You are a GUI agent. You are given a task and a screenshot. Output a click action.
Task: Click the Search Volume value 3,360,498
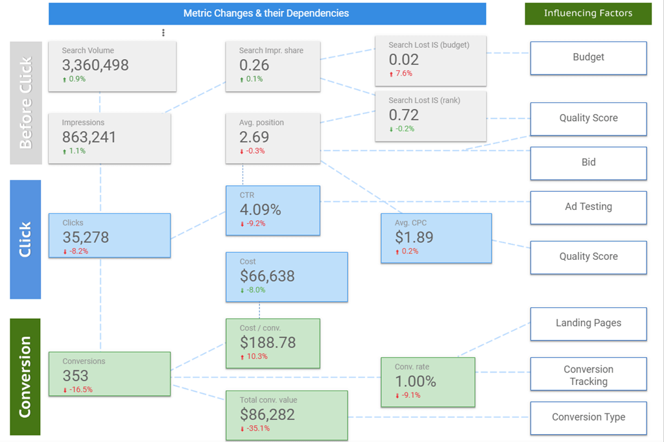(95, 65)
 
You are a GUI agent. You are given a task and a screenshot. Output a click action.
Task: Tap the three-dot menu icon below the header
(163, 32)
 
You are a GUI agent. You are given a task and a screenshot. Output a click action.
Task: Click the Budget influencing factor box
(588, 58)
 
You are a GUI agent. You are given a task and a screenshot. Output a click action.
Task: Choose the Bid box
(588, 163)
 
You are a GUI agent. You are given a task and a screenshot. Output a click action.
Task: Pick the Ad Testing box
(588, 207)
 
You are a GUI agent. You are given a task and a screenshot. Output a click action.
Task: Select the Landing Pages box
(588, 323)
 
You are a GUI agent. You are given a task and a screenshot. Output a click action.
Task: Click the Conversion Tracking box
(588, 375)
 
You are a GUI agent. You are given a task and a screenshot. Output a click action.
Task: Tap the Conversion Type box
(588, 417)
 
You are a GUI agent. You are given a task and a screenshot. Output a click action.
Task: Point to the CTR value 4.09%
(260, 210)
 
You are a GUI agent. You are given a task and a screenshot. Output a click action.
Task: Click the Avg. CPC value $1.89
(414, 237)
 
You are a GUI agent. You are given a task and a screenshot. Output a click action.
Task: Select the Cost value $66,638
(267, 276)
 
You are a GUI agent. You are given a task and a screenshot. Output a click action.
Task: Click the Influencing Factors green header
(588, 13)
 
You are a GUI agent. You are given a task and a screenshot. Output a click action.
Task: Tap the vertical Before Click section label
(25, 102)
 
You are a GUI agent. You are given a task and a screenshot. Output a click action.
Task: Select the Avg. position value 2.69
(254, 137)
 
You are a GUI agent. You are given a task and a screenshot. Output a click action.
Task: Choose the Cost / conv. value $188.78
(268, 342)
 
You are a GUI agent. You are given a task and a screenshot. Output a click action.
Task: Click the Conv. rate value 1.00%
(416, 381)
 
